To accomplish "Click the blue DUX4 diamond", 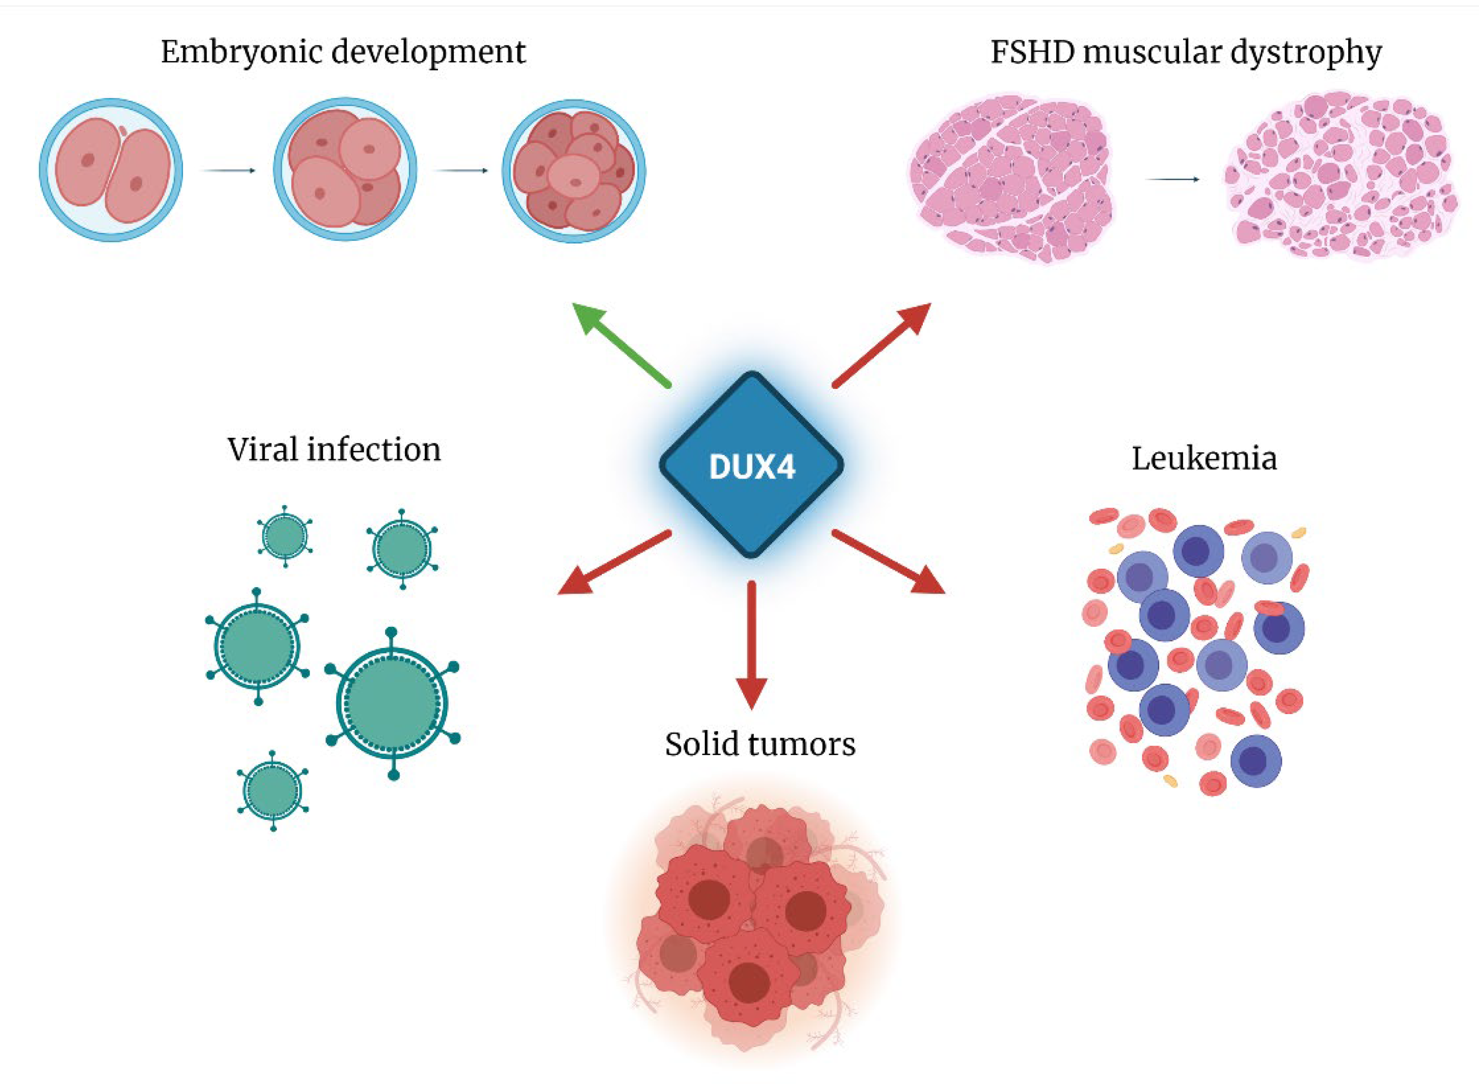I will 751,465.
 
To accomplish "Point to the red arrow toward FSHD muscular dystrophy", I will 883,344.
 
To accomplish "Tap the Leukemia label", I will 1204,458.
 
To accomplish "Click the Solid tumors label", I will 760,744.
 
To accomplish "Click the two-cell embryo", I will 111,170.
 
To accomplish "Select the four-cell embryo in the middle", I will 344,170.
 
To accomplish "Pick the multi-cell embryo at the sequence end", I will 574,170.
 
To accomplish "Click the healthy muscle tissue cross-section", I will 1011,177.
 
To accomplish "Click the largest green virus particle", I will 392,702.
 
